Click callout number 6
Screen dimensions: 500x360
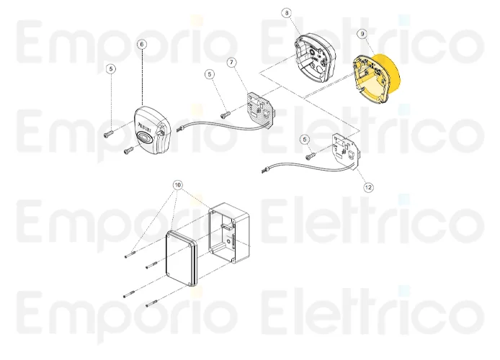(x=142, y=45)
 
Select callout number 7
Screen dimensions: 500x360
(x=232, y=63)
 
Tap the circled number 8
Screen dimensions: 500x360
(x=286, y=13)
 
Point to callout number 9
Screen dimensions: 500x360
(x=362, y=34)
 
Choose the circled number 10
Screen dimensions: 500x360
(x=178, y=185)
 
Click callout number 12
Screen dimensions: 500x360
(x=368, y=187)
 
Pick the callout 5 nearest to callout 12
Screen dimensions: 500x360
(x=305, y=140)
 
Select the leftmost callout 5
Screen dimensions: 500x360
(x=111, y=69)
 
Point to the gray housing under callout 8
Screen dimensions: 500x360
(x=314, y=59)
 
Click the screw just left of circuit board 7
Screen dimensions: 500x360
(x=225, y=114)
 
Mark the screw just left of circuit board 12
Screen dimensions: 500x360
(x=311, y=156)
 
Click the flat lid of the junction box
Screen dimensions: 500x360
(x=181, y=258)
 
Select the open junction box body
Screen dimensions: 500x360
(x=229, y=233)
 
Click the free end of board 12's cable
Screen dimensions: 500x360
(x=264, y=171)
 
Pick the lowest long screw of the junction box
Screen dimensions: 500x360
(x=151, y=304)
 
